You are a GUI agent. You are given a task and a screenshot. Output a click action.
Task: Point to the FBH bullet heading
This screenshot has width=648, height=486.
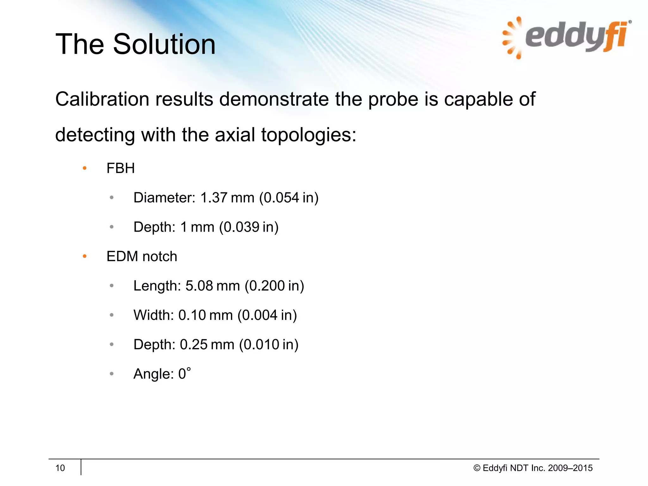[121, 168]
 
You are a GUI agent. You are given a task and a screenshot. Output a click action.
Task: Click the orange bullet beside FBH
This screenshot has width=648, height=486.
[84, 168]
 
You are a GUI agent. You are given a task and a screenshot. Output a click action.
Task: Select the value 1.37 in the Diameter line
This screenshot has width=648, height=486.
[214, 198]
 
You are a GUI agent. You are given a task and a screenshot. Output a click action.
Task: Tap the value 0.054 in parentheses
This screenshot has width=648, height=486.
[281, 198]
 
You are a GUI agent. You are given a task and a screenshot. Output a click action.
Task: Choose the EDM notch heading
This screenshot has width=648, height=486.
[142, 256]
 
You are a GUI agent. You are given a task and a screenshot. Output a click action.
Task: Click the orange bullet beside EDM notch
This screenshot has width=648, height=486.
[84, 256]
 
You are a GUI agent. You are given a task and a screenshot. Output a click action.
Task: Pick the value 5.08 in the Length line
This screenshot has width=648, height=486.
[199, 286]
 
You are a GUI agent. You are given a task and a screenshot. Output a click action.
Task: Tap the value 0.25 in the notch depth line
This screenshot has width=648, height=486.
[194, 345]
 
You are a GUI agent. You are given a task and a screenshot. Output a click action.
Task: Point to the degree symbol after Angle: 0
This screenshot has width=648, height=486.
[189, 369]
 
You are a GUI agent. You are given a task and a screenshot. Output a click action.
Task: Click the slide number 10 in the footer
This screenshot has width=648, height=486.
[60, 468]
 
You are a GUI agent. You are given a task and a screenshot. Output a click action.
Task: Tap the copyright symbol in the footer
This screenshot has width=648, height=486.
[477, 468]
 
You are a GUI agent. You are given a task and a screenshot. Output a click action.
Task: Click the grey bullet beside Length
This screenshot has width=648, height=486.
[111, 286]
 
